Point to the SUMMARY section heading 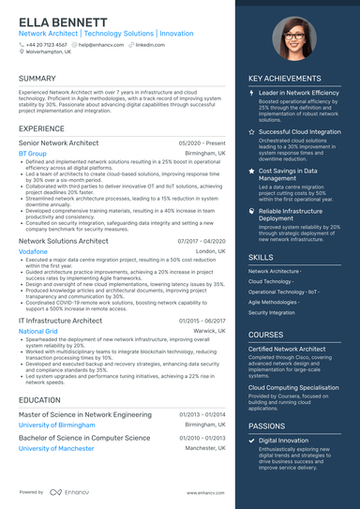pyautogui.click(x=37, y=79)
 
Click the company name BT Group pyautogui.click(x=32, y=153)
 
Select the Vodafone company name pyautogui.click(x=33, y=252)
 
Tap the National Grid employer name pyautogui.click(x=38, y=331)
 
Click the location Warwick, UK pyautogui.click(x=209, y=331)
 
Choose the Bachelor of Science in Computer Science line pyautogui.click(x=83, y=438)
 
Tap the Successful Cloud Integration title pyautogui.click(x=299, y=132)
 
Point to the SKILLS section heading pyautogui.click(x=262, y=257)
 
